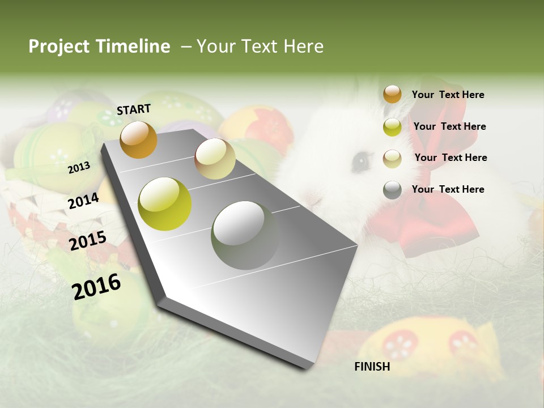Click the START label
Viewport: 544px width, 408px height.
click(134, 109)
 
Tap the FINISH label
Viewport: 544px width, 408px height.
click(372, 367)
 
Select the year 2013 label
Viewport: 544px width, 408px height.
click(79, 167)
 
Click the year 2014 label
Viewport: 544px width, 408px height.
click(83, 201)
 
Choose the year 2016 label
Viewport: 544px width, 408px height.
click(96, 286)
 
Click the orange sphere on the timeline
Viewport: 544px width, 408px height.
click(138, 139)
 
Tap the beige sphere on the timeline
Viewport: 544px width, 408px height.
click(215, 159)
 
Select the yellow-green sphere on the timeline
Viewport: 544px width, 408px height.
click(165, 204)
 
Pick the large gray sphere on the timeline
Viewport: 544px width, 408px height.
click(245, 235)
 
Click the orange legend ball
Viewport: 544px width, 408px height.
click(392, 95)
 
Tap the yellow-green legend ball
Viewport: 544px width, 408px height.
click(392, 127)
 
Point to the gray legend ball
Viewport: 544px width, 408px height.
click(392, 190)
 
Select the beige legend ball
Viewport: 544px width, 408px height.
click(392, 158)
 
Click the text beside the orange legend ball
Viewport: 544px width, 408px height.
click(448, 95)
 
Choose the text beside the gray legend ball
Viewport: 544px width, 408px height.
click(448, 189)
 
